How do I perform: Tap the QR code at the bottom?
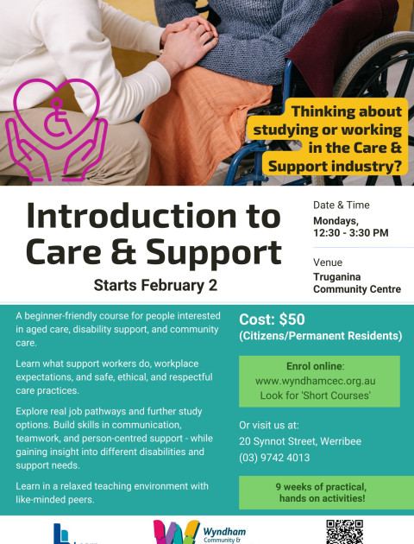coord(344,532)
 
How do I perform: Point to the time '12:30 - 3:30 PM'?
coord(350,232)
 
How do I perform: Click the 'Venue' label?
coord(328,262)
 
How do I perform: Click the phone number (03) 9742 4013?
coord(274,458)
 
